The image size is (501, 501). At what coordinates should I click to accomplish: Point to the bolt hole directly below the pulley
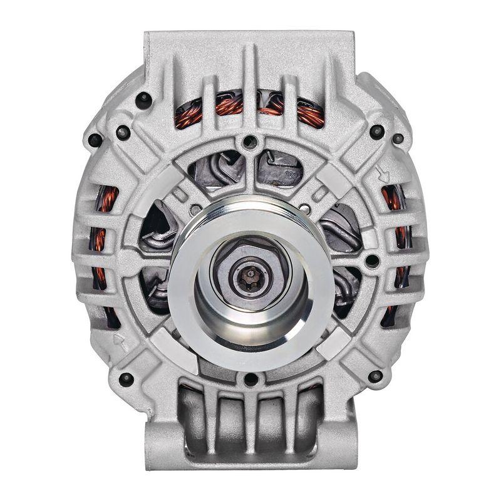coord(250,378)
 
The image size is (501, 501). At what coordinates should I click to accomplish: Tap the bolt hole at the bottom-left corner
coord(127,378)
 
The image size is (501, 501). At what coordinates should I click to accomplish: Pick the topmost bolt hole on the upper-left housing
coord(145,98)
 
